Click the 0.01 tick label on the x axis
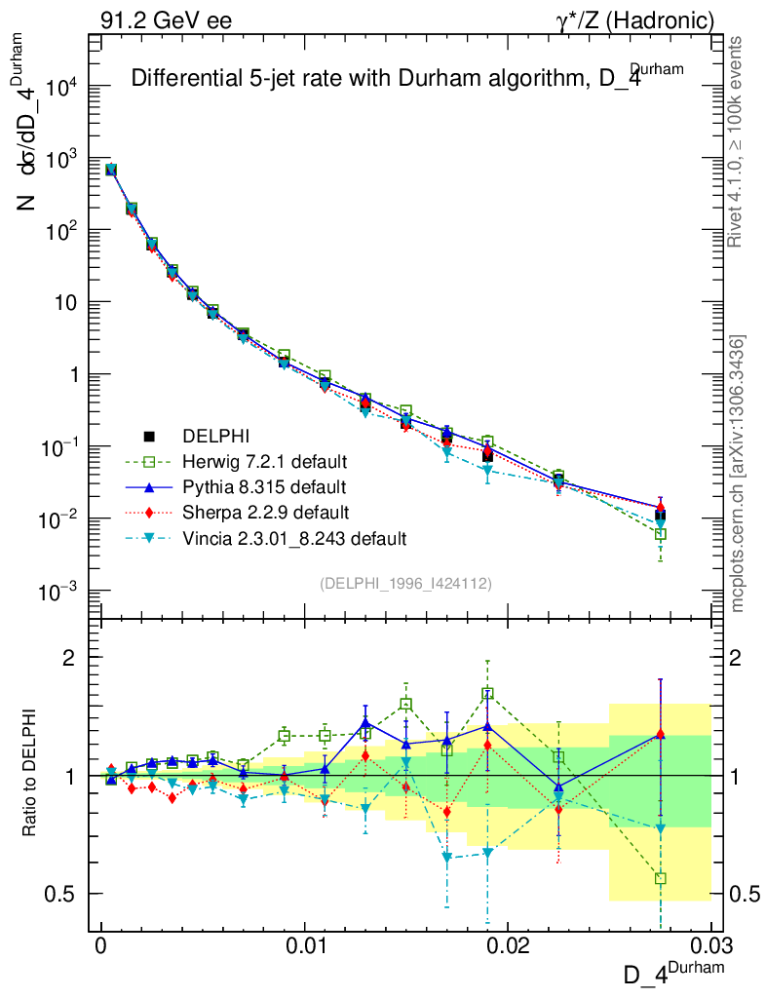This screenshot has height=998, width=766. [x=304, y=945]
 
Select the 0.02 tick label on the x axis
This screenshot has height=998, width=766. [x=508, y=945]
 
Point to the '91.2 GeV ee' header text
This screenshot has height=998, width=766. [x=166, y=20]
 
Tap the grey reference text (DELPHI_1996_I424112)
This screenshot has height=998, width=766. [x=405, y=584]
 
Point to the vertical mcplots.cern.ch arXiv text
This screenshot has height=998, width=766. [x=738, y=474]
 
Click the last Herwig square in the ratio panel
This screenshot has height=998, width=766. [x=661, y=878]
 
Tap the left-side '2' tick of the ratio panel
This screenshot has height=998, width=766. [x=67, y=658]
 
